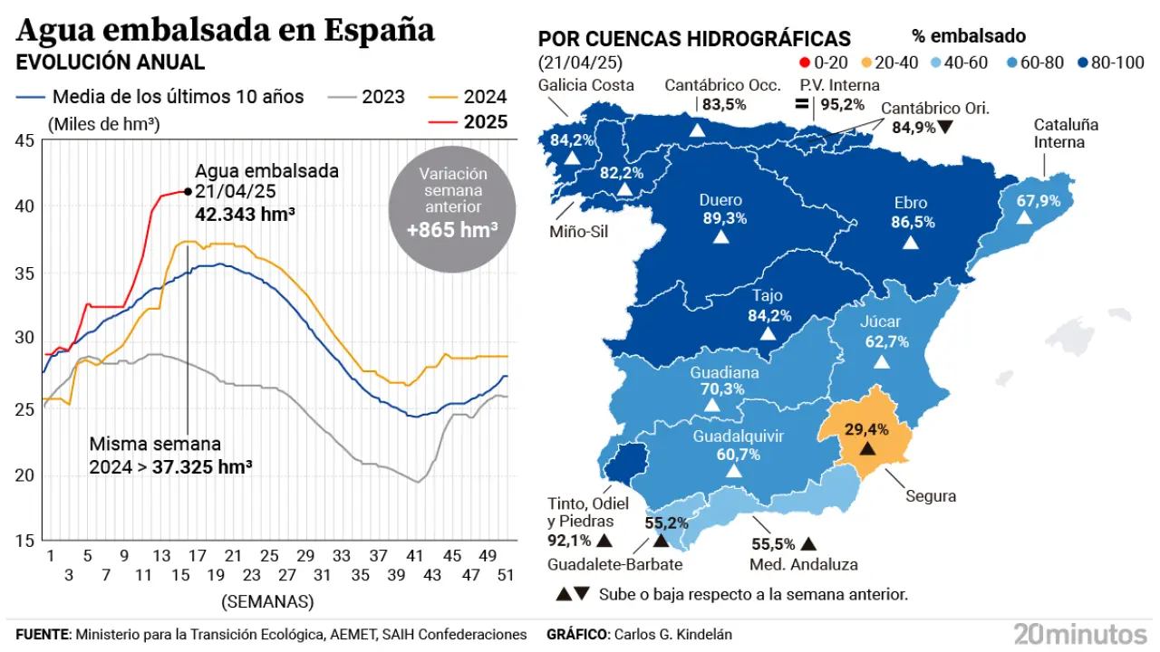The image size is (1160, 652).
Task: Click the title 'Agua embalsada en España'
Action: coord(226,30)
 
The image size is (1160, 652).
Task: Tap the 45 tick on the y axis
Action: coord(24,140)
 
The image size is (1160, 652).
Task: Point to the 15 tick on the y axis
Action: coord(24,541)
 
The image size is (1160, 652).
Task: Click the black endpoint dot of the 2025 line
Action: coord(187,191)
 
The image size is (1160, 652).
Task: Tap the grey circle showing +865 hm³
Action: coord(452,205)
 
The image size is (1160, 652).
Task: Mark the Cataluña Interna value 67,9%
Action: coord(1038,200)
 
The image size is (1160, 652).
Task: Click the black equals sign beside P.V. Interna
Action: coord(801,104)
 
